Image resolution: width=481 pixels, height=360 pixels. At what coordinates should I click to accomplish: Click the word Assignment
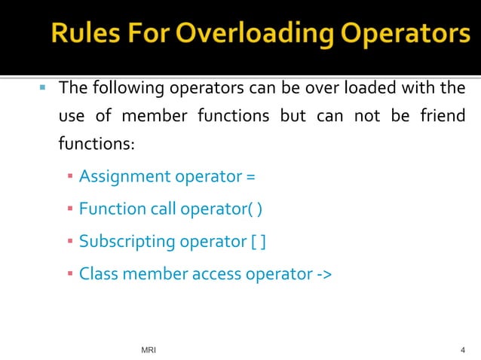tap(125, 178)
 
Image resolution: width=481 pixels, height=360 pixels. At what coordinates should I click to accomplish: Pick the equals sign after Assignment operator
tap(250, 178)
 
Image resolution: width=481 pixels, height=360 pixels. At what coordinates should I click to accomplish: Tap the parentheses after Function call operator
tap(256, 210)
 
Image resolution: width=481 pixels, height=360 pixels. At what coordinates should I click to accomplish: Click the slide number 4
tap(462, 350)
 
